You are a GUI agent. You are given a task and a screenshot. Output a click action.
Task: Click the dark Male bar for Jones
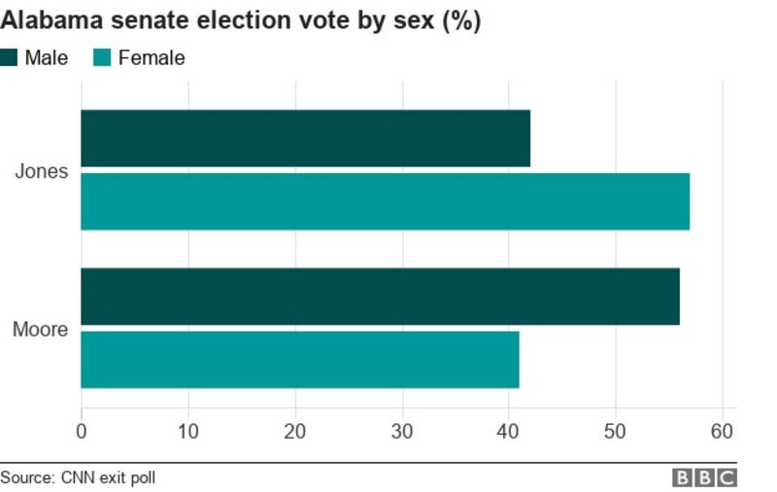point(305,138)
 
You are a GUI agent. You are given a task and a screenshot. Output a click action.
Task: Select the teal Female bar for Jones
point(385,201)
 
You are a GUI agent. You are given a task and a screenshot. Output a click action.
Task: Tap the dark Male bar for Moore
point(380,297)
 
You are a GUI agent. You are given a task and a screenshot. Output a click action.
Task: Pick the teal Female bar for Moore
point(299,360)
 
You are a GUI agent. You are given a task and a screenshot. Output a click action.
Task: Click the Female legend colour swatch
point(101,57)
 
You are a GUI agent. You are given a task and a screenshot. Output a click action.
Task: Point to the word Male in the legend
point(47,58)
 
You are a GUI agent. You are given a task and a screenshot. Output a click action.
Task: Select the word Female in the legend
point(152,58)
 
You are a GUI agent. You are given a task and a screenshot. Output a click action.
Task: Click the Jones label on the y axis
point(42,171)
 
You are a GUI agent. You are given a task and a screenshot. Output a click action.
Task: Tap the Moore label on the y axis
point(40,330)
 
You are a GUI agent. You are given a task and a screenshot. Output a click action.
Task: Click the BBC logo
point(704,477)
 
